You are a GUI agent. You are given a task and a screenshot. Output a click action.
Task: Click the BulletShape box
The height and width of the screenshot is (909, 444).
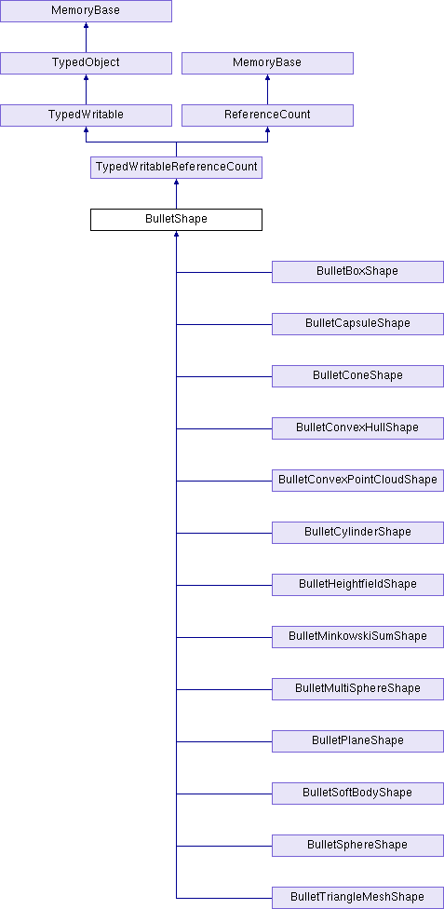click(x=176, y=220)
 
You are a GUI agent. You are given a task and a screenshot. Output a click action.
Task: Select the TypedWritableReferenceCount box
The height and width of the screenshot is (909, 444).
click(x=176, y=168)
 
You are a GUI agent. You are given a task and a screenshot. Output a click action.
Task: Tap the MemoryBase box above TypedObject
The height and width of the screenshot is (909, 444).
click(x=86, y=11)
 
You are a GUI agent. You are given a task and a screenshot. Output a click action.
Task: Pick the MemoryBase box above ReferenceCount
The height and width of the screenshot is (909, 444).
click(x=267, y=63)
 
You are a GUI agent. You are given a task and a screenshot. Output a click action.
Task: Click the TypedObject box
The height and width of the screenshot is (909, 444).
click(x=86, y=63)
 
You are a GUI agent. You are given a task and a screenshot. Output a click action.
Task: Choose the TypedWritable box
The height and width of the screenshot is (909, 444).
click(x=86, y=115)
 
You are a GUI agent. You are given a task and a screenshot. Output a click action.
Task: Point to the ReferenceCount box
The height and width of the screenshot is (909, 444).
click(x=267, y=115)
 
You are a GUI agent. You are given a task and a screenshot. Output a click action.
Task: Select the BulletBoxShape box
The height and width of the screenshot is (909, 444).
click(x=357, y=272)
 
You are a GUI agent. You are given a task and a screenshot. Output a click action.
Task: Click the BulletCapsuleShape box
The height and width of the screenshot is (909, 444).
click(x=357, y=324)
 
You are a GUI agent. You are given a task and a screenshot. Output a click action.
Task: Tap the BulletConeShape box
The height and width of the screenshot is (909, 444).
click(x=357, y=376)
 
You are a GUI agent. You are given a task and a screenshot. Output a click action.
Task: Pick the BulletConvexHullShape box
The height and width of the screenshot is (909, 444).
click(x=357, y=428)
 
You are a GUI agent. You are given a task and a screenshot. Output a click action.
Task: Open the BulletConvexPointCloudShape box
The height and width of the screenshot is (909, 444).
click(x=357, y=481)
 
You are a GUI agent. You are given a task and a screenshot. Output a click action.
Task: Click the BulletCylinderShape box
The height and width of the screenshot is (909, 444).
click(x=357, y=533)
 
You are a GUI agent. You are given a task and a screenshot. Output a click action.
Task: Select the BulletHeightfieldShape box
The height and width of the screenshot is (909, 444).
click(x=357, y=585)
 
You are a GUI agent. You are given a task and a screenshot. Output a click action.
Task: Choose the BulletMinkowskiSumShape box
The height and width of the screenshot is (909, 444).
click(x=357, y=637)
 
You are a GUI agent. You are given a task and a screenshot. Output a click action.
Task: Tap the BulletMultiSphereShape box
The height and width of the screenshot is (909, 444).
click(x=357, y=689)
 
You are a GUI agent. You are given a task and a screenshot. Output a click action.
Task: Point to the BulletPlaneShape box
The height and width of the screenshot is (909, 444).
click(x=357, y=741)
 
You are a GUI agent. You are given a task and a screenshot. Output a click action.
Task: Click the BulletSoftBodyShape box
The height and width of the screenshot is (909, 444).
click(x=357, y=794)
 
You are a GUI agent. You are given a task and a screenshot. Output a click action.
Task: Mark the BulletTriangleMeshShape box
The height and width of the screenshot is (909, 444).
click(x=357, y=898)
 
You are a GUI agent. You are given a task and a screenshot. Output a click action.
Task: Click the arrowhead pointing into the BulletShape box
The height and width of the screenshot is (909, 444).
click(x=176, y=234)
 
